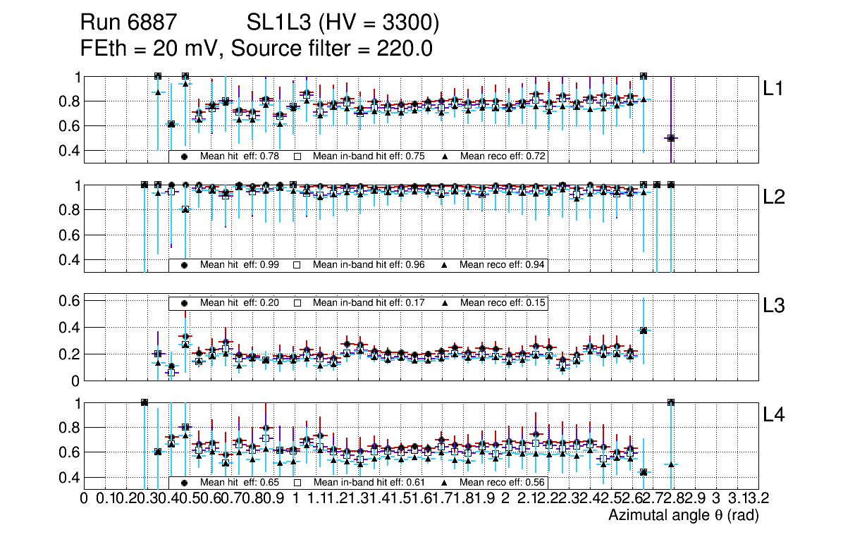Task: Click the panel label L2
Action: coord(774,197)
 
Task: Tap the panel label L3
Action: coord(774,307)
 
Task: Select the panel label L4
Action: coord(774,415)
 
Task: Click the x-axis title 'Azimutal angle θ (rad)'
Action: coord(683,516)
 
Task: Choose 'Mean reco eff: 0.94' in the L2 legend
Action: coord(503,265)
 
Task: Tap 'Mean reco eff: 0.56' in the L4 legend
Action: coord(503,483)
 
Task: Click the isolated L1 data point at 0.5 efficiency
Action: coord(671,138)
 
